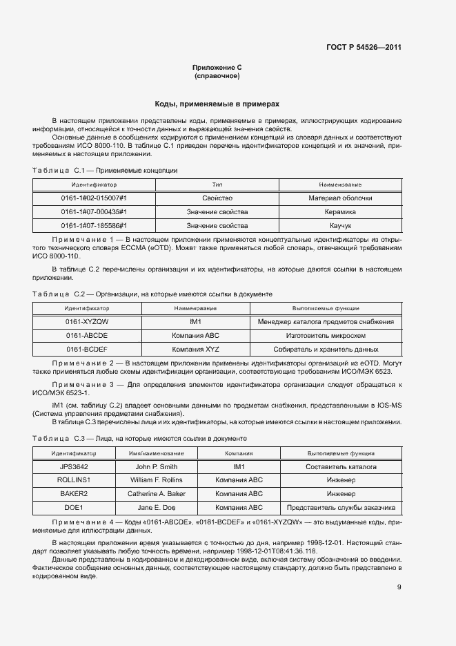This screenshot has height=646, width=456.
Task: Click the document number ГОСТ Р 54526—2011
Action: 364,48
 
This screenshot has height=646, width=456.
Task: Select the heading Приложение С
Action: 217,67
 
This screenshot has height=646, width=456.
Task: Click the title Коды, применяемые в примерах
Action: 217,104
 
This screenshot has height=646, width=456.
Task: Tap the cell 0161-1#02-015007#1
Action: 94,198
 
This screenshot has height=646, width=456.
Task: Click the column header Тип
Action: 217,185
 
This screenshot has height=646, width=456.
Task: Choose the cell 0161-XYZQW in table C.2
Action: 87,322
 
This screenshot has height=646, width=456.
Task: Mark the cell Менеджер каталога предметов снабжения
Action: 326,322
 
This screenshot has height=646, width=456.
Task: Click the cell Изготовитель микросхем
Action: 326,335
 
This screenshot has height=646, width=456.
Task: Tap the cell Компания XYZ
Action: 195,349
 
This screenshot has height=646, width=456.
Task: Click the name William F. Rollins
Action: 156,480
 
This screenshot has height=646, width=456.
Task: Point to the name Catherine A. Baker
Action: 156,494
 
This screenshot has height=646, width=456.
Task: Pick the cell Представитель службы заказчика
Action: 341,508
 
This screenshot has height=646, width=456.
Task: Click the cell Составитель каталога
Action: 341,467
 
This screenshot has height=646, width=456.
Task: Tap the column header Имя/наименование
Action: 156,454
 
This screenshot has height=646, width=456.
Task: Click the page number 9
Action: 399,569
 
